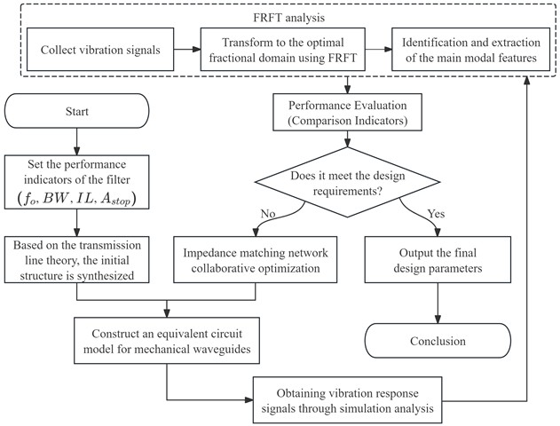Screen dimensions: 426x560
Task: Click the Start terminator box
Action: pyautogui.click(x=78, y=114)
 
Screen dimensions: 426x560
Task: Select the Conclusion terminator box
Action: pyautogui.click(x=438, y=341)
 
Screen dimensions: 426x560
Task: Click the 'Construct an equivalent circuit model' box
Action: pyautogui.click(x=167, y=341)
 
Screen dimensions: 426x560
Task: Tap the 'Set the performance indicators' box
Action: pyautogui.click(x=78, y=181)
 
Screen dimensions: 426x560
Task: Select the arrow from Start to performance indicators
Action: pyautogui.click(x=78, y=141)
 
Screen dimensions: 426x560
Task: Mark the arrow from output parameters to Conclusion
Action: pyautogui.click(x=438, y=304)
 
